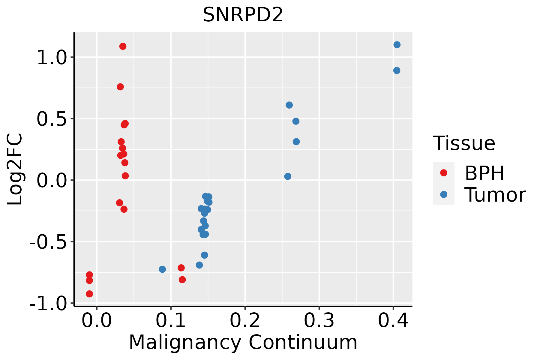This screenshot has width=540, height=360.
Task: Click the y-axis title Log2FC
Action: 15,169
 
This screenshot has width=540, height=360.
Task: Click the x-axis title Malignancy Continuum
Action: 243,342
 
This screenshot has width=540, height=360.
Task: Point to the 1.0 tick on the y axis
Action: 51,58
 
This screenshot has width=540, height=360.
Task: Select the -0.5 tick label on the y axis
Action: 47,242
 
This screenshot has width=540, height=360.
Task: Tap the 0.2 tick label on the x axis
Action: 245,321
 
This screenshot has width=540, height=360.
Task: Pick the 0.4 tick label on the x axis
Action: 393,321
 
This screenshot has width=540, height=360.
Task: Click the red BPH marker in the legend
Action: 443,173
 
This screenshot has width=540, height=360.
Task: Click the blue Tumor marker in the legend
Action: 443,194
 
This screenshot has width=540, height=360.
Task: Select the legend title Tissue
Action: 464,143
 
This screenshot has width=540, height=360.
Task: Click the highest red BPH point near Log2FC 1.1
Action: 123,46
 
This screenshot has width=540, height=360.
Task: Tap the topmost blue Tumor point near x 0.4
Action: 397,45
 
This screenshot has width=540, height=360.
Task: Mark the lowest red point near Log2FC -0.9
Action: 89,294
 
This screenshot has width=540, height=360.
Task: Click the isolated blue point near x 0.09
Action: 162,269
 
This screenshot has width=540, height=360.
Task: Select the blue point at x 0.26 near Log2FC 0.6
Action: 289,105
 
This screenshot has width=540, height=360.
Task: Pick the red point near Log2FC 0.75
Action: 120,87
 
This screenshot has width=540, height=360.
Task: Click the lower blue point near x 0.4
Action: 397,70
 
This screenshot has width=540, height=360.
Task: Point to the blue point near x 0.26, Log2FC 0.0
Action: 288,176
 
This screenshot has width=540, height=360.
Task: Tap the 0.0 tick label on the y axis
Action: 51,181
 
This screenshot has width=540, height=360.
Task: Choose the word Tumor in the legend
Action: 495,195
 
